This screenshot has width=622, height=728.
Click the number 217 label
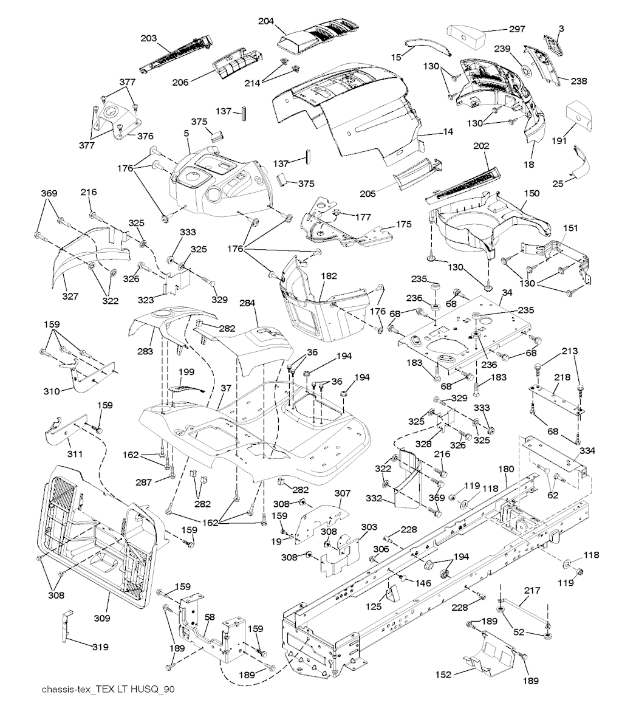click(531, 590)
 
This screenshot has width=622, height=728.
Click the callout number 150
click(531, 193)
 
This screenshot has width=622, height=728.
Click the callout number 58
click(210, 617)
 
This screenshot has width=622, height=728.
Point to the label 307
click(343, 494)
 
